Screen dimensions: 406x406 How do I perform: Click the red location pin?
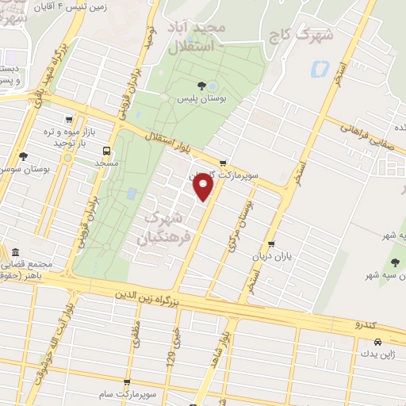click(x=204, y=186)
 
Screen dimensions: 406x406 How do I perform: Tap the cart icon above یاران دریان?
click(x=272, y=244)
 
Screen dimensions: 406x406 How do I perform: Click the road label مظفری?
click(x=136, y=336)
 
